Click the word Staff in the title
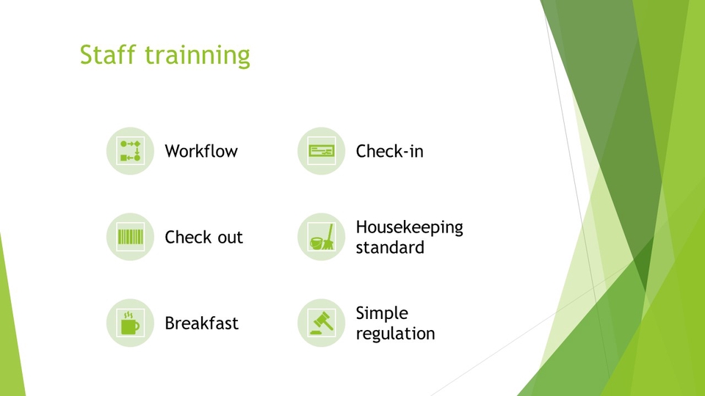(x=107, y=54)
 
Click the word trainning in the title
(x=198, y=56)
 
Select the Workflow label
(x=201, y=151)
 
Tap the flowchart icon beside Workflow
(x=131, y=151)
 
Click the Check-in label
(x=389, y=151)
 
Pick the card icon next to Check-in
(x=322, y=151)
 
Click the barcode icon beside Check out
(x=131, y=237)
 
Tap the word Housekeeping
(x=409, y=227)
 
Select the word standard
(x=390, y=247)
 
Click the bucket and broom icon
(x=322, y=237)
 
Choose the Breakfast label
(x=201, y=323)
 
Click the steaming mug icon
(x=130, y=323)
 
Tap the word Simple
(x=382, y=313)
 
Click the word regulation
(x=395, y=334)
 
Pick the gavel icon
(x=322, y=323)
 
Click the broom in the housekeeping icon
(x=329, y=237)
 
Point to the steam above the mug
(x=128, y=315)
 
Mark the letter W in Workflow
(x=173, y=151)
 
